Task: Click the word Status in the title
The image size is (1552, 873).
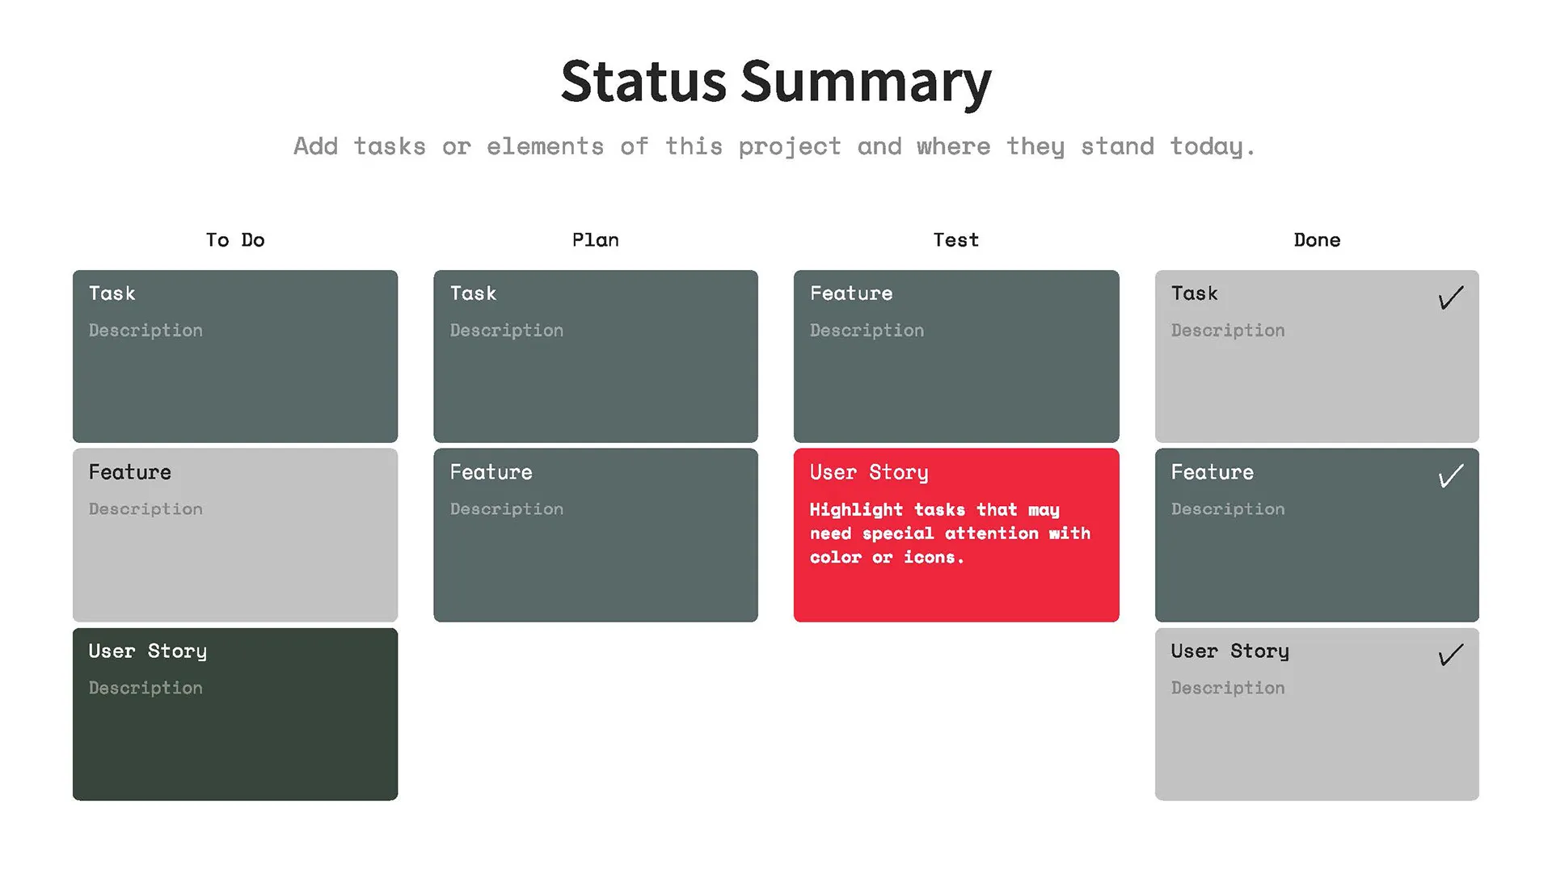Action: tap(643, 82)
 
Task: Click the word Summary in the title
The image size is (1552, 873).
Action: tap(866, 83)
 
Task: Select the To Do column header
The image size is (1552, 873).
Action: tap(235, 240)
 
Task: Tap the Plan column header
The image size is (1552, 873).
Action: tap(596, 240)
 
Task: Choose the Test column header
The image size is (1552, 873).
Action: tap(956, 240)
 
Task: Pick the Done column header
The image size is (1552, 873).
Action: tap(1317, 240)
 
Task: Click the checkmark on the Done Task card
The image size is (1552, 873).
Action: tap(1451, 297)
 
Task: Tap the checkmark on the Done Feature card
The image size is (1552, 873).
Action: tap(1451, 475)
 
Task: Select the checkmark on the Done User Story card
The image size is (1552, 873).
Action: tap(1451, 654)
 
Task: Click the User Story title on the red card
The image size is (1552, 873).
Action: tap(869, 473)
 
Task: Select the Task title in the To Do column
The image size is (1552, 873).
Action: tap(112, 293)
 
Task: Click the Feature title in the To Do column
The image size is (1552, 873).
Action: tap(130, 472)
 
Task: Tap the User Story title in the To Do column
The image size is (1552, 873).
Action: tap(148, 652)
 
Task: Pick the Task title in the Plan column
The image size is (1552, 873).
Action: tap(474, 293)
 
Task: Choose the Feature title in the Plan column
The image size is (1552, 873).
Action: tap(491, 472)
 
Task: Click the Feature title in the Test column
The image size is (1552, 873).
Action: tap(851, 293)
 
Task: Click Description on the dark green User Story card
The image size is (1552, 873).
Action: tap(145, 688)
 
